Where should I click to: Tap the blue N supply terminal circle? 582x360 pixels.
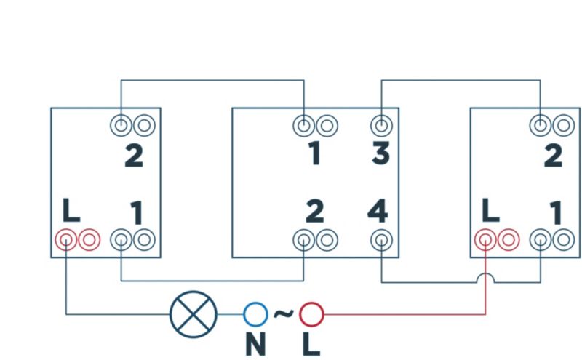(x=255, y=314)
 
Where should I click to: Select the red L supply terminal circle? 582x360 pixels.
(x=311, y=314)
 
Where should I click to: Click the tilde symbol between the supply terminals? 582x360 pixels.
(x=283, y=313)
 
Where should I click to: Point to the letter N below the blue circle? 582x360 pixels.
(x=255, y=343)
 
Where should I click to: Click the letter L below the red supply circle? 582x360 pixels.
(x=311, y=343)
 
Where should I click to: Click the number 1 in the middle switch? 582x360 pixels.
(x=314, y=155)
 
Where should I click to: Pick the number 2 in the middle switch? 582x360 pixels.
(x=314, y=212)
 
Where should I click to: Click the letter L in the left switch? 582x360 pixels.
(x=71, y=212)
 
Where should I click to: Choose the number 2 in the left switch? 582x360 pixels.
(x=133, y=156)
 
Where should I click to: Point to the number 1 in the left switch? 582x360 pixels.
(x=136, y=213)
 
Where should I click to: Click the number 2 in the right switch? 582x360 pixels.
(x=552, y=156)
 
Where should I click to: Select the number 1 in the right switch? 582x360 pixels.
(x=555, y=213)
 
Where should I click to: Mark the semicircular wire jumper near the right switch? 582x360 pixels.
(x=485, y=278)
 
